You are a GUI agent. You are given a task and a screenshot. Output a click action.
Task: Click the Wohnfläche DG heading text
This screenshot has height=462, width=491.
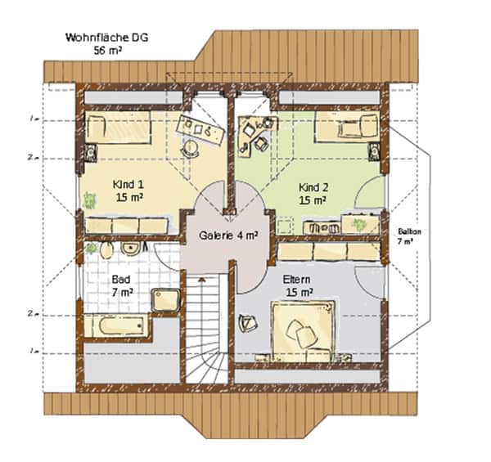(106, 38)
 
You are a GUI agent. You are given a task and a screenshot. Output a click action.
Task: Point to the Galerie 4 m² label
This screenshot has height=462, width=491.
(228, 235)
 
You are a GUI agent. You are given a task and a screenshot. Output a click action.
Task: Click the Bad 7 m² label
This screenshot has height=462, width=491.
(121, 285)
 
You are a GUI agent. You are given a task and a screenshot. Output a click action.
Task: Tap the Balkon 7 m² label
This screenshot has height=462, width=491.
(409, 236)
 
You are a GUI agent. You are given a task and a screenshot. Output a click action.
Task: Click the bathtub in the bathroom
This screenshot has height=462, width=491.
(119, 326)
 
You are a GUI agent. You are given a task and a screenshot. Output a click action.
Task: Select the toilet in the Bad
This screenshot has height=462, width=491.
(106, 249)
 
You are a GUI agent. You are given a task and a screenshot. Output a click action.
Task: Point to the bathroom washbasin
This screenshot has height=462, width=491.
(131, 249)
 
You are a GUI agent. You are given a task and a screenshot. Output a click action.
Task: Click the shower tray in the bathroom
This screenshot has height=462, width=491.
(166, 300)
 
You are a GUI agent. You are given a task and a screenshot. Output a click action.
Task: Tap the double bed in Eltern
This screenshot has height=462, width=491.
(303, 330)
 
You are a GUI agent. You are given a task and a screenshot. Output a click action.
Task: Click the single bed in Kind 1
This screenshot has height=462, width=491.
(118, 128)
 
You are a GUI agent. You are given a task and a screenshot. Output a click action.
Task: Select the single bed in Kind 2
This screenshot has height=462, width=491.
(347, 127)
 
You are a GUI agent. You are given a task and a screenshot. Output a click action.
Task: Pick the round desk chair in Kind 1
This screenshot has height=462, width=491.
(190, 148)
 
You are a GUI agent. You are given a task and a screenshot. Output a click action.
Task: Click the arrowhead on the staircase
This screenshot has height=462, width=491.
(202, 279)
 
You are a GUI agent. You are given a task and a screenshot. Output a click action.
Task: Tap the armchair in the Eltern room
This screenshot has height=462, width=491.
(248, 322)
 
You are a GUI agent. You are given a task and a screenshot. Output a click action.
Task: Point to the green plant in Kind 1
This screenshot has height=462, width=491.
(89, 200)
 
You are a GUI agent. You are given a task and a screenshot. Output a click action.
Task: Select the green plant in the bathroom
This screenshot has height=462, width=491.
(91, 248)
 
